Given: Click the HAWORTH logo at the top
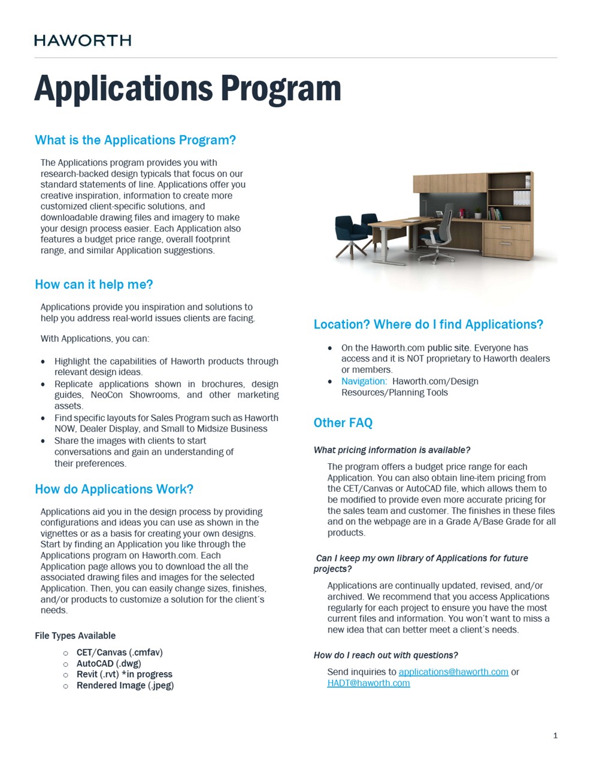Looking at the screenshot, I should [x=83, y=40].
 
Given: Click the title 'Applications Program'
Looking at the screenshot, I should [x=187, y=89].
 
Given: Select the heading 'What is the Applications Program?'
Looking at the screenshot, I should [x=135, y=140].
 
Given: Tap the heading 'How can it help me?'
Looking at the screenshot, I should [x=94, y=284].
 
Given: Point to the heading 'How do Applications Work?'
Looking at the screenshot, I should [x=114, y=489].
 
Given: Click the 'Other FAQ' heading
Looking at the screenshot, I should [x=343, y=422].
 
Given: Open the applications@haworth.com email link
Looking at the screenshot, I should [x=453, y=671].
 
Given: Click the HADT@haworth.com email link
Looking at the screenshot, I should [x=368, y=683].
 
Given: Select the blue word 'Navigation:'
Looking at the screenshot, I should [x=364, y=381].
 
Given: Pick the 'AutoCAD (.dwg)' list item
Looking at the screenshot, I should [x=108, y=663].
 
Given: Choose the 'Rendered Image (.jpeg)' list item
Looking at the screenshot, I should [x=125, y=685].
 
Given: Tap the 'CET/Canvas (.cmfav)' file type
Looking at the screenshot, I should [x=119, y=652].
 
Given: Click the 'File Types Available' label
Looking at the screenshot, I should [x=75, y=636].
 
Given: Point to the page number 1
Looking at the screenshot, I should [x=555, y=735].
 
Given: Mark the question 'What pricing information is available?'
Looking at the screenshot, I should [x=392, y=450].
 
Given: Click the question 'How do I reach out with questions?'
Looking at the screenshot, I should [x=385, y=655].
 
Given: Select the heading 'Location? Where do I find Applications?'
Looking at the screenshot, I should [x=428, y=324].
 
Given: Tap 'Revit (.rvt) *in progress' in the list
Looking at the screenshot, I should [x=124, y=674].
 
